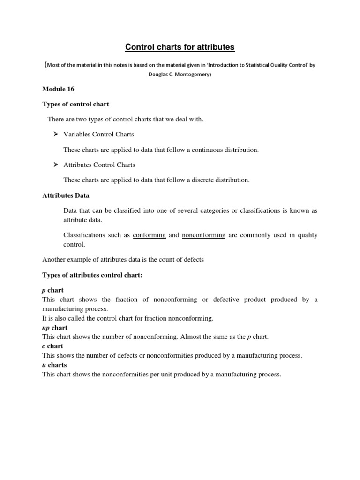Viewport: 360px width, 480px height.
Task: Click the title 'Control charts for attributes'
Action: pyautogui.click(x=180, y=47)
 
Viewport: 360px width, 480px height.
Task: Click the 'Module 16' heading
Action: pyautogui.click(x=58, y=89)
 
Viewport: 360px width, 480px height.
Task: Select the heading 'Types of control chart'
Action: pyautogui.click(x=75, y=104)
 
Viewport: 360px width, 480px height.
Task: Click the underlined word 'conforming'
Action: pyautogui.click(x=149, y=235)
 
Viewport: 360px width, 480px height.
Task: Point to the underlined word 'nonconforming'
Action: pyautogui.click(x=203, y=235)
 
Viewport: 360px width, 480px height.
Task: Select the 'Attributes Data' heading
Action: pyautogui.click(x=66, y=195)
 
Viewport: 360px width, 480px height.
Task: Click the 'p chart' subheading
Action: pyautogui.click(x=53, y=290)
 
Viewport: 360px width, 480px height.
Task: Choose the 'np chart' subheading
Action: pyautogui.click(x=55, y=327)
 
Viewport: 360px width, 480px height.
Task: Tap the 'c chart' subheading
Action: pyautogui.click(x=52, y=346)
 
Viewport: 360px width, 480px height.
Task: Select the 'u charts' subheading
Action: pyautogui.click(x=54, y=365)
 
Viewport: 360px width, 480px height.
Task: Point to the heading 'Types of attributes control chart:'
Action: pyautogui.click(x=92, y=275)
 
